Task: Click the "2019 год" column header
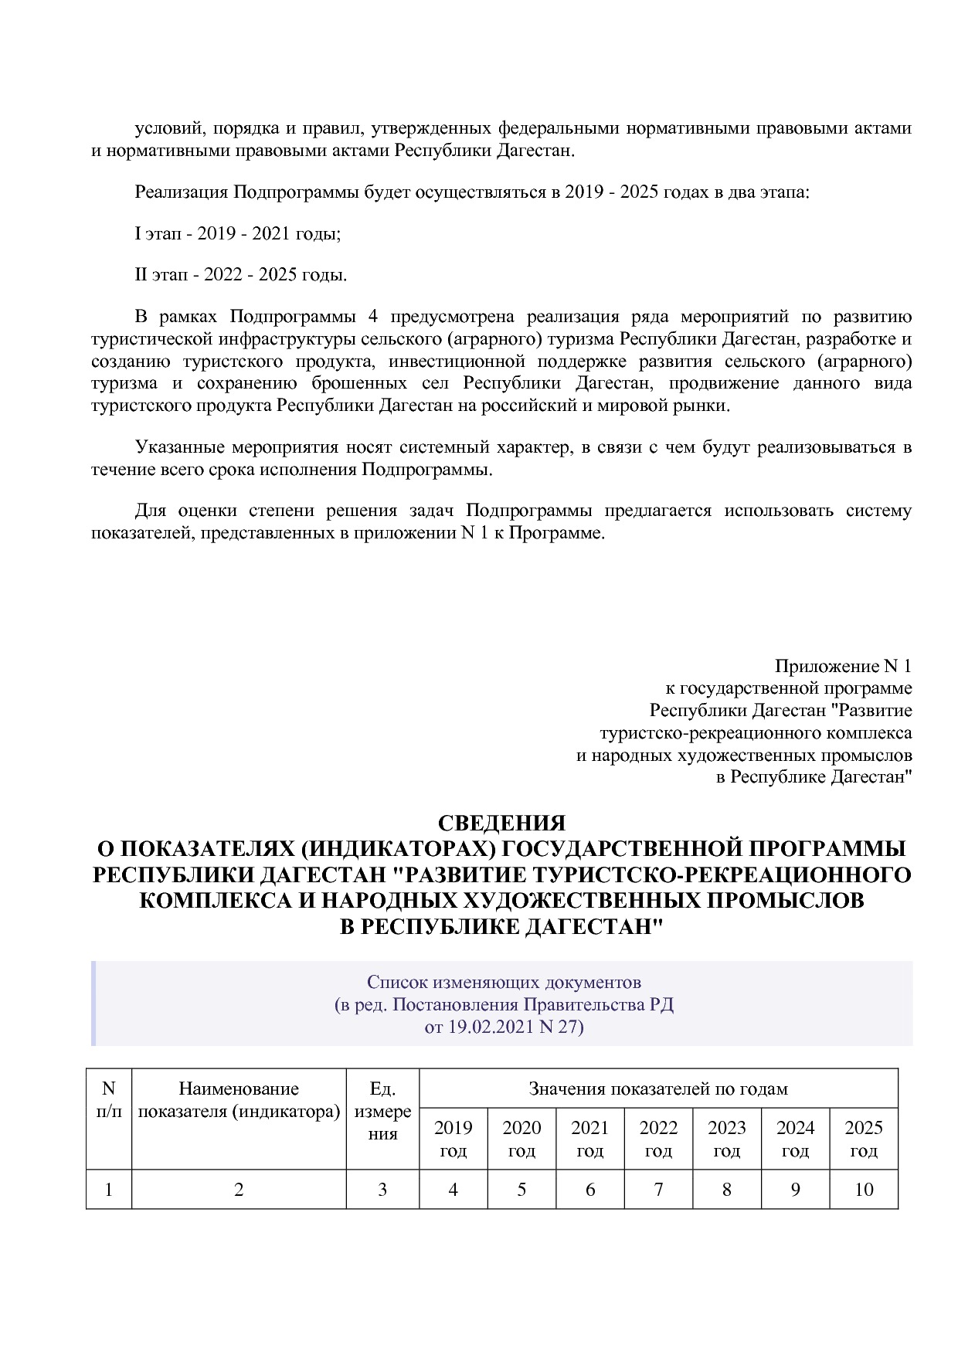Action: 453,1139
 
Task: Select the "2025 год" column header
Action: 863,1139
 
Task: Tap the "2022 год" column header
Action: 658,1139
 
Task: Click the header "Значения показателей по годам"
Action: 658,1088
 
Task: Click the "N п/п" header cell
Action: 108,1100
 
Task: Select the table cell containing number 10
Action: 863,1189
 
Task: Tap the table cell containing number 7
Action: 658,1189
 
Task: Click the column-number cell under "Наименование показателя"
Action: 239,1189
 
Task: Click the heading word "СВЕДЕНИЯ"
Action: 501,823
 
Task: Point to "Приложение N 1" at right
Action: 843,666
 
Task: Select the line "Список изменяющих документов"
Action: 504,983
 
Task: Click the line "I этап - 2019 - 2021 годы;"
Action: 238,233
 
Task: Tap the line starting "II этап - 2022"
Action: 241,275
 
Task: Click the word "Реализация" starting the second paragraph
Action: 181,192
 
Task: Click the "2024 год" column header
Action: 795,1139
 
